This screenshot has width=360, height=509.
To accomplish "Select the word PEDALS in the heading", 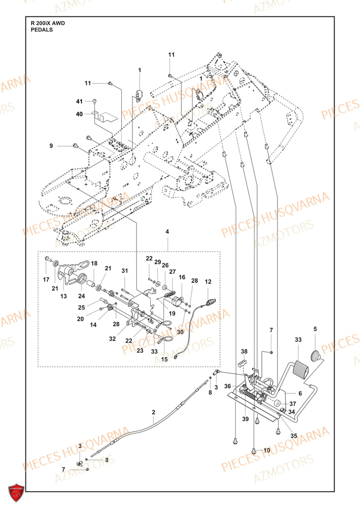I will click(x=42, y=30).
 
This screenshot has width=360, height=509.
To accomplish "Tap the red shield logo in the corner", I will click(x=17, y=492).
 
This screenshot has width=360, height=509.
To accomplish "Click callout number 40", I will click(x=79, y=114).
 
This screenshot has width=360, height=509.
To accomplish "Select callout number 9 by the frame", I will click(x=51, y=146).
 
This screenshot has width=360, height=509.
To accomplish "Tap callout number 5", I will click(x=315, y=329).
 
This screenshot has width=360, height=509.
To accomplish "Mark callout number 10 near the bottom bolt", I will click(x=267, y=450).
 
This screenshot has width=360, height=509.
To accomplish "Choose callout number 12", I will click(x=208, y=281).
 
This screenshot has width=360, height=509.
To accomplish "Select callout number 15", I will click(x=164, y=359).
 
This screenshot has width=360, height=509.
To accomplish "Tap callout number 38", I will click(x=244, y=352).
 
